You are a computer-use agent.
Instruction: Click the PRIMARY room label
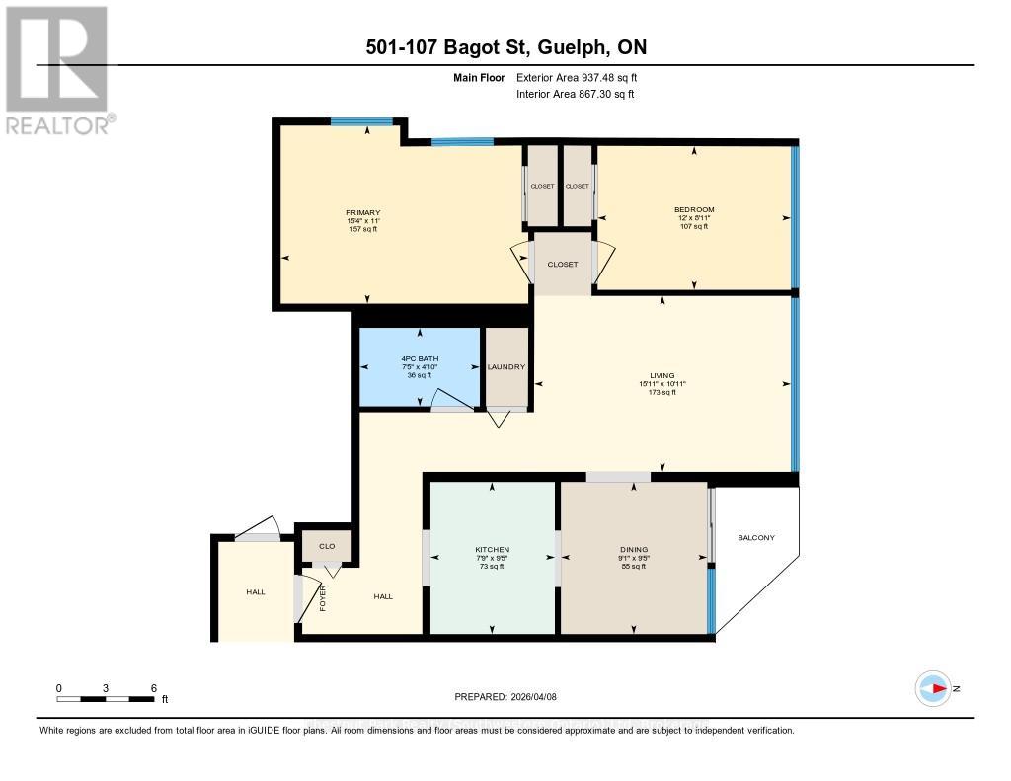coord(362,212)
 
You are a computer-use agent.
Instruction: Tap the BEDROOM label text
coord(693,209)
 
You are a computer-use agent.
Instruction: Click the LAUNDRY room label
coord(506,367)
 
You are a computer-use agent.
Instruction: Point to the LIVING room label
coord(661,375)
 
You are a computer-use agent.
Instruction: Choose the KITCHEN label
coord(492,549)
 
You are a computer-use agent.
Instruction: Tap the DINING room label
coord(633,549)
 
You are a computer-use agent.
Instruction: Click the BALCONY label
coord(756,538)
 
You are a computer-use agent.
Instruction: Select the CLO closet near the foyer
coord(327,545)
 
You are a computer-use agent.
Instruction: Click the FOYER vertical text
coord(323,596)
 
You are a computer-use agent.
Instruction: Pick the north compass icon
coord(933,688)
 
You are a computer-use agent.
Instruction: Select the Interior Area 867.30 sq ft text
coord(576,94)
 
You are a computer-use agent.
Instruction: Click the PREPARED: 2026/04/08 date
coord(506,696)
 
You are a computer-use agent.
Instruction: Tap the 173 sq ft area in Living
coord(661,392)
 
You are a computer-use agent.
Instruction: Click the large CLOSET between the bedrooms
coord(563,264)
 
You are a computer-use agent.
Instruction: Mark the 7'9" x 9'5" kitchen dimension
coord(492,558)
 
